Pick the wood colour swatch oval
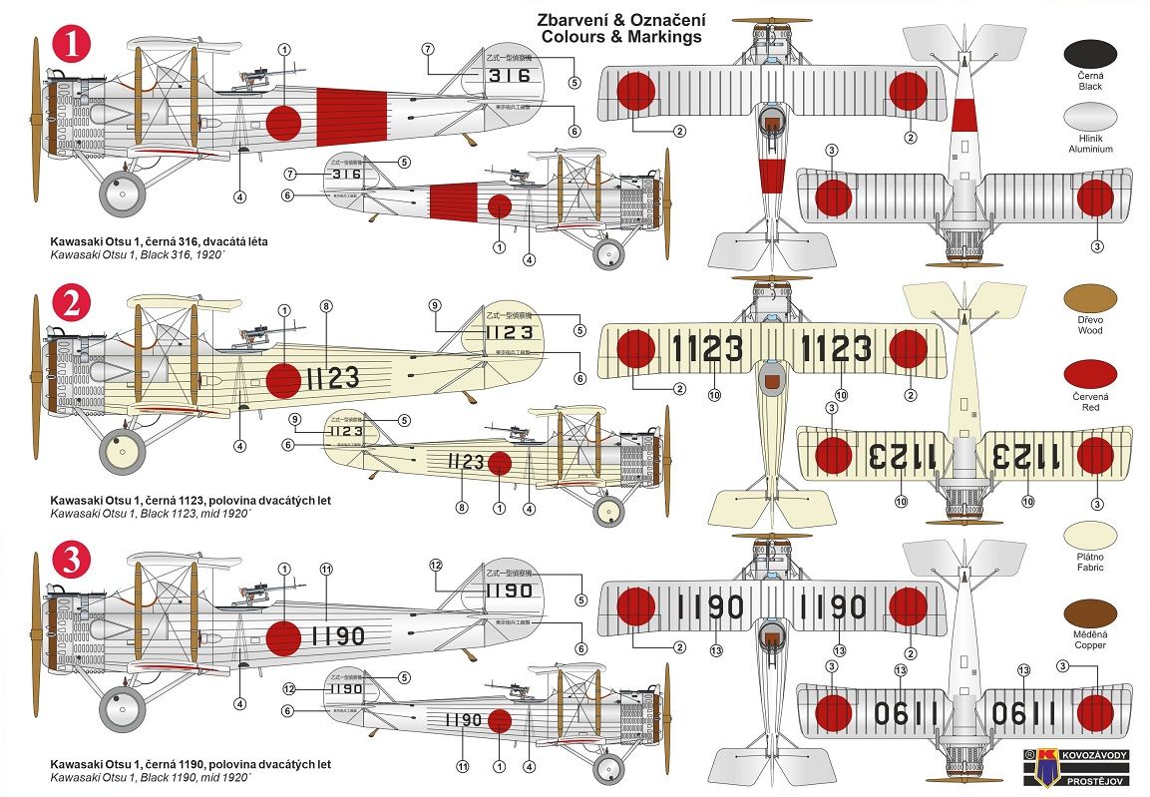pyautogui.click(x=1089, y=297)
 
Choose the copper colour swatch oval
pyautogui.click(x=1089, y=613)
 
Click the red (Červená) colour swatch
pyautogui.click(x=1089, y=375)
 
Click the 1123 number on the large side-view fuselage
pyautogui.click(x=332, y=378)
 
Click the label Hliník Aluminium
pyautogui.click(x=1089, y=143)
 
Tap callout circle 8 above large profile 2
pyautogui.click(x=326, y=305)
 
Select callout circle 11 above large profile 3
pyautogui.click(x=325, y=569)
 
